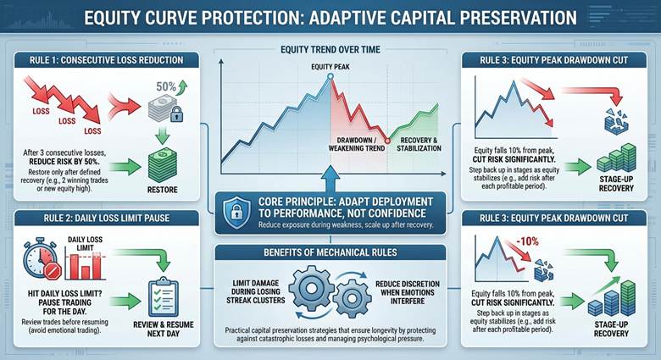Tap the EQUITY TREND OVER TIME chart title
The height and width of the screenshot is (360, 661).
[x=330, y=49]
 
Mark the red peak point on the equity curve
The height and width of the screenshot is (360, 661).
[x=330, y=78]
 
